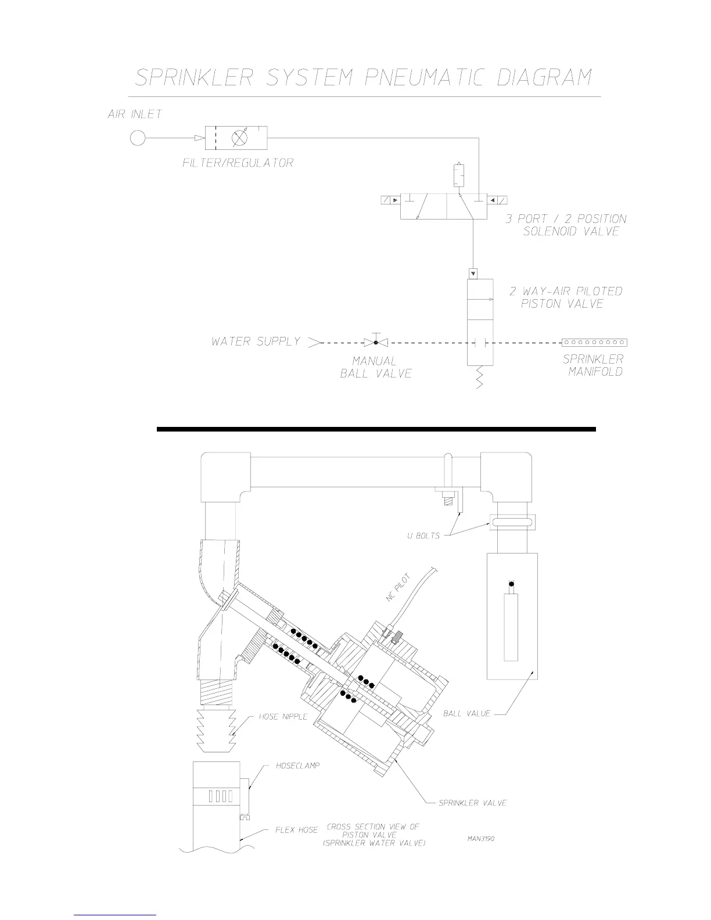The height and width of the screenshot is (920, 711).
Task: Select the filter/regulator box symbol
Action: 236,138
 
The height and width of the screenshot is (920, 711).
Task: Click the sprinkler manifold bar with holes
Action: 594,343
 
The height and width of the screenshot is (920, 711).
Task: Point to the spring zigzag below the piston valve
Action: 479,377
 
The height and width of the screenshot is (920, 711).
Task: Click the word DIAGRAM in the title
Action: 544,77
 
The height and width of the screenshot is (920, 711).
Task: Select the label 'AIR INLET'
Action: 135,114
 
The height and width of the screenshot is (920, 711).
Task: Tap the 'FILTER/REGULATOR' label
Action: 238,163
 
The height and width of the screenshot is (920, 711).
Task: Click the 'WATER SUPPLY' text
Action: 256,342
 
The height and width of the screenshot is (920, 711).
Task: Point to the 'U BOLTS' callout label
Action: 423,536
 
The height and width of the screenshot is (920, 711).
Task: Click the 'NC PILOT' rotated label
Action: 398,588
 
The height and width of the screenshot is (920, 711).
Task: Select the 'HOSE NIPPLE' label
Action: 283,717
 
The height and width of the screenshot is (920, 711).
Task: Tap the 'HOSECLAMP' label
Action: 297,766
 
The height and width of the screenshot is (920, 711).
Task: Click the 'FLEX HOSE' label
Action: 296,830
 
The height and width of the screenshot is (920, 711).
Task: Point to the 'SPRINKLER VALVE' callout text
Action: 473,803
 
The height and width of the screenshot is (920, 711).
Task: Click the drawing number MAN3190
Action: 480,838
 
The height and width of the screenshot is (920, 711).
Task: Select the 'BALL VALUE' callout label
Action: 466,713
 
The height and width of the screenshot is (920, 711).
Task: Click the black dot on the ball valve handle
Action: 511,584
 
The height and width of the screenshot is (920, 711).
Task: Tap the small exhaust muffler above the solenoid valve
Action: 458,175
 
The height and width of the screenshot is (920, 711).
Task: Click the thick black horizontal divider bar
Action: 376,429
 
